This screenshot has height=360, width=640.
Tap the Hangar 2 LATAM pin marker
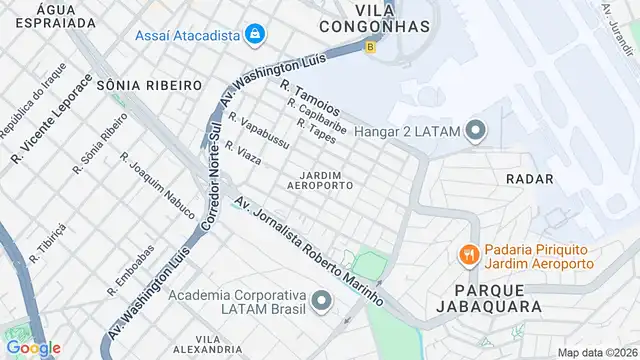pos(475,128)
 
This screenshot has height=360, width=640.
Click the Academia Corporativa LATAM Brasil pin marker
pos(321,300)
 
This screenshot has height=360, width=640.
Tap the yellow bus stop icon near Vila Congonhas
pos(371,46)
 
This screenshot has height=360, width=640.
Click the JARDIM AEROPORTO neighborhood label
pos(320,179)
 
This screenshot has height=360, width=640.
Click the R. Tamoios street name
pos(311,99)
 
